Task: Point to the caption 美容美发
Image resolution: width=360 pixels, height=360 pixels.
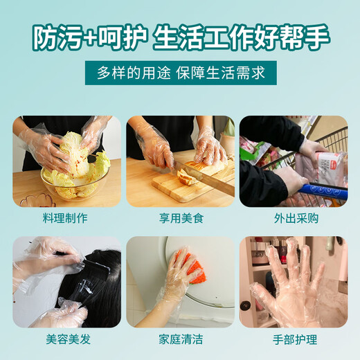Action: point(66,339)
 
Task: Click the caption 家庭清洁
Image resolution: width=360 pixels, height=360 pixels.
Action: point(179,339)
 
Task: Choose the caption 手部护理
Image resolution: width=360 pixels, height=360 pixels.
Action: point(293,339)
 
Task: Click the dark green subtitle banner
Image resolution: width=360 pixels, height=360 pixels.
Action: point(179,72)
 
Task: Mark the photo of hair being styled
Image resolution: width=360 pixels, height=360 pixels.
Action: point(66,282)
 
